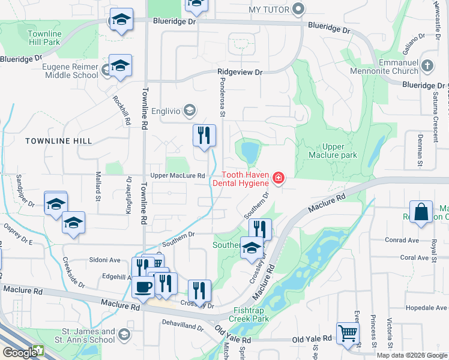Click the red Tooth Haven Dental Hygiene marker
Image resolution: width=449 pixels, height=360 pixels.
(279, 178)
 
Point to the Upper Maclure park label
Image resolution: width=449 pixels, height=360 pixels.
(340, 151)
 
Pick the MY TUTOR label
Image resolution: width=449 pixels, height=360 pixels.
(269, 10)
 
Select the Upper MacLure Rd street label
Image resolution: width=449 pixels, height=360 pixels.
(178, 175)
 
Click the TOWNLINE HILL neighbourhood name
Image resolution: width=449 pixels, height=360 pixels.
(59, 140)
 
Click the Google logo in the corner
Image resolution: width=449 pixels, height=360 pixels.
(20, 352)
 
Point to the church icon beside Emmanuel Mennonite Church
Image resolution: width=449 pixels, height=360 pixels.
(427, 65)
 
